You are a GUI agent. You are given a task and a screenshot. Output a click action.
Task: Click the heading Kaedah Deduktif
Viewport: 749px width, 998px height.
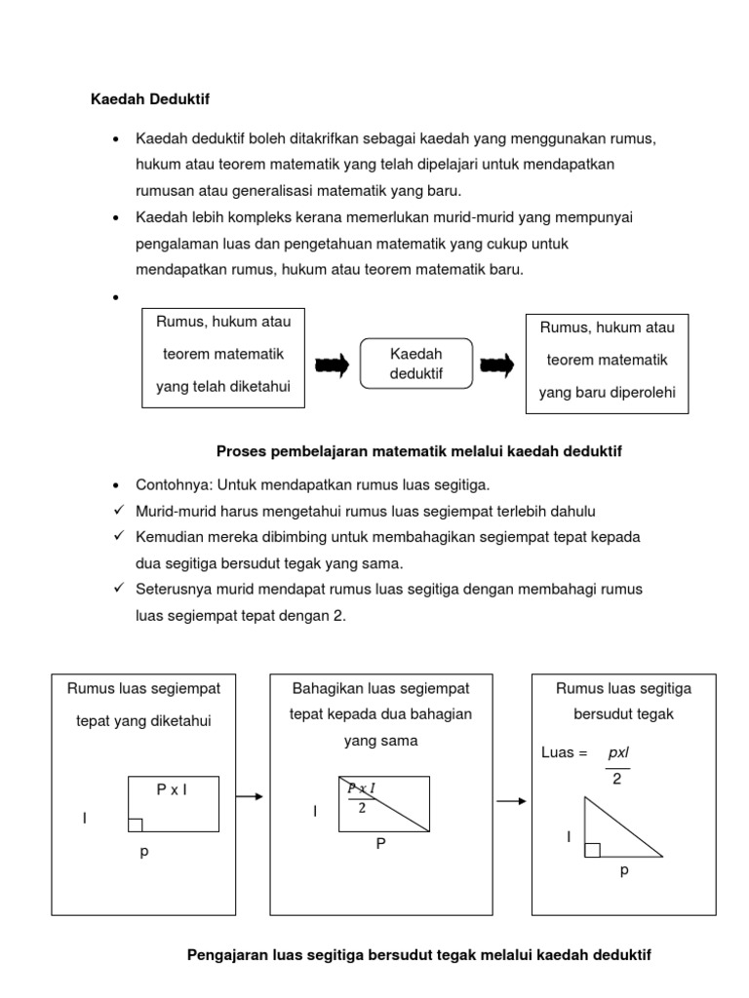point(150,98)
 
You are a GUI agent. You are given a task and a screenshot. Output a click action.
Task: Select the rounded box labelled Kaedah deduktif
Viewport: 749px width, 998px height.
point(416,365)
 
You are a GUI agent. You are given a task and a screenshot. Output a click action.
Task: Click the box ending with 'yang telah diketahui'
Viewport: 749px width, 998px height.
point(223,360)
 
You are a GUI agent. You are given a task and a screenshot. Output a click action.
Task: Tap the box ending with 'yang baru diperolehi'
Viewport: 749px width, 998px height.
point(607,363)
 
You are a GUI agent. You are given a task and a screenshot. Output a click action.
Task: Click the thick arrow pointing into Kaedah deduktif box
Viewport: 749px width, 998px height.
point(332,365)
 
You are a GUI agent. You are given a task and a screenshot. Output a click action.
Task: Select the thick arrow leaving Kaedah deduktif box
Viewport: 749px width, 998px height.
point(497,365)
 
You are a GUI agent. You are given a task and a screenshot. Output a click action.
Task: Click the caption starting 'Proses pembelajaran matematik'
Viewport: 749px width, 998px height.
point(417,451)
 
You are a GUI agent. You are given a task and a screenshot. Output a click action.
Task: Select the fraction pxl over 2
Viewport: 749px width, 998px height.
point(617,766)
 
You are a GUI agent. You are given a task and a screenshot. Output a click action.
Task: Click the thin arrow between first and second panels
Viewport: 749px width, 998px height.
point(251,797)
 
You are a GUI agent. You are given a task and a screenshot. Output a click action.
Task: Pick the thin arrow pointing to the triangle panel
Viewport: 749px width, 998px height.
point(510,801)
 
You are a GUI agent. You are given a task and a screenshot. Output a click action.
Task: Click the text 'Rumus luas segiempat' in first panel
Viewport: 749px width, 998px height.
point(143,689)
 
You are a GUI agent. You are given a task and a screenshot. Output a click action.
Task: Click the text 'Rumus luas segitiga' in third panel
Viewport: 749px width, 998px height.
point(623,689)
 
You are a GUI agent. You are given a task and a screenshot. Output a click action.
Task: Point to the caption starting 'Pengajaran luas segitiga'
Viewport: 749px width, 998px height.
point(418,956)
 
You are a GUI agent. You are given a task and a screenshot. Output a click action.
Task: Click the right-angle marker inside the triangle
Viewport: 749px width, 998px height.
point(592,850)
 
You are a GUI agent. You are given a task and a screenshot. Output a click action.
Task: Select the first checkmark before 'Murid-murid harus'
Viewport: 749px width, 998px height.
point(117,511)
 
